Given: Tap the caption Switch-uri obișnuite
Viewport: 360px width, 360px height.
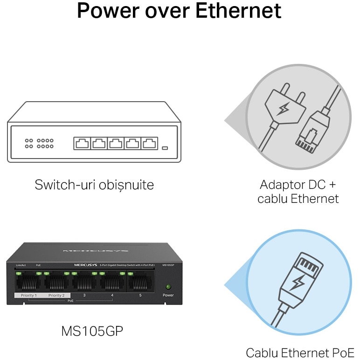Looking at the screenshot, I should point(94,185).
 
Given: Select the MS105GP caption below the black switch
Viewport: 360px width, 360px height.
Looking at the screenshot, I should point(92,331).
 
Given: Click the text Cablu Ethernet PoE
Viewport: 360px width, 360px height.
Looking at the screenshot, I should point(300,352).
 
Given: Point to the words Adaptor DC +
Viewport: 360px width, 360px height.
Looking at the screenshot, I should point(298,184).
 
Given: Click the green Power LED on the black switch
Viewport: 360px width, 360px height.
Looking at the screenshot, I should point(168,286).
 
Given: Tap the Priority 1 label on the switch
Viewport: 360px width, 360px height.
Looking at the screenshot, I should point(28,296).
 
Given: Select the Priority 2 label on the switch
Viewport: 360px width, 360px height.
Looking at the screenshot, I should point(57,296).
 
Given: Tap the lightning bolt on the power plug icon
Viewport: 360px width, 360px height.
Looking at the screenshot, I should point(283,110).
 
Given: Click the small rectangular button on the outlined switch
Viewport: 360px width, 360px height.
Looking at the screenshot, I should point(165,149).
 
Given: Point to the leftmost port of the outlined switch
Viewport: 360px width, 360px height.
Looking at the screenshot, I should point(82,143).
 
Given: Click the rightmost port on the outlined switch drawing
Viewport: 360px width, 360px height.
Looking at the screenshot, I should point(150,143).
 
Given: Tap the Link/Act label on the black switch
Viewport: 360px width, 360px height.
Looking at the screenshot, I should point(20,265).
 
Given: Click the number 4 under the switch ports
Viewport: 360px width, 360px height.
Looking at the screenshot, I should point(112,296).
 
